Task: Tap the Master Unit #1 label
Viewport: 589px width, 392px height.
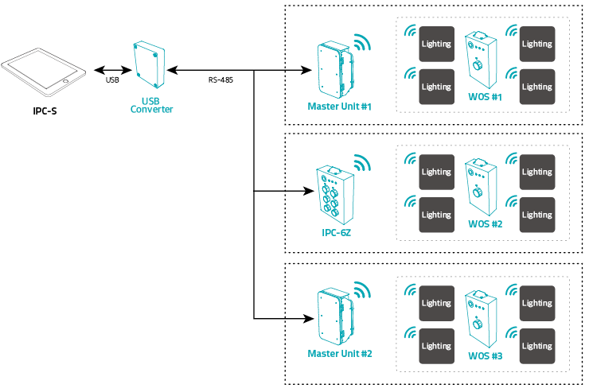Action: pyautogui.click(x=339, y=106)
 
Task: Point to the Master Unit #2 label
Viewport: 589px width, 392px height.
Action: pyautogui.click(x=339, y=352)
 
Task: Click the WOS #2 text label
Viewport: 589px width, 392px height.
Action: pyautogui.click(x=485, y=224)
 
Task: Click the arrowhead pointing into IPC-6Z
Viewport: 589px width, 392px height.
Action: pyautogui.click(x=305, y=192)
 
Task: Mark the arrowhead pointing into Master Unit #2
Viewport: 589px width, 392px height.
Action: pyautogui.click(x=305, y=318)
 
